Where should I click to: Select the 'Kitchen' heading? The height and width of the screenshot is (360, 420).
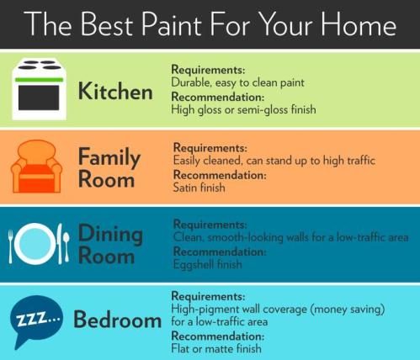tap(115, 90)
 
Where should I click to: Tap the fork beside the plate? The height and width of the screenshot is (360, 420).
tap(13, 244)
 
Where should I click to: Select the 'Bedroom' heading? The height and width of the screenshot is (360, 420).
tap(117, 320)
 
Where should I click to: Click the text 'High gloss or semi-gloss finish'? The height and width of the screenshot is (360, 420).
tap(237, 109)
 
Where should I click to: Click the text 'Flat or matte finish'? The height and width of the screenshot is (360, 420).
tap(216, 347)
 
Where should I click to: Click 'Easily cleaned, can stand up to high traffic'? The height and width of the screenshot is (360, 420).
tap(274, 160)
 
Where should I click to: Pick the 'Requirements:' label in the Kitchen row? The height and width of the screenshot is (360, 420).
tap(207, 69)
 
